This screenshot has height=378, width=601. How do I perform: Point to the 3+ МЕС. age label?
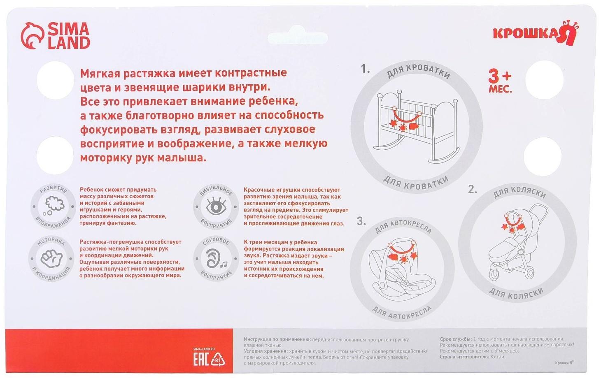[x=500, y=81]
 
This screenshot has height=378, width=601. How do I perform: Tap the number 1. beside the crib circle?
[x=365, y=69]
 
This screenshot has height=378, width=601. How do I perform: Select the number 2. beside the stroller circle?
[x=472, y=190]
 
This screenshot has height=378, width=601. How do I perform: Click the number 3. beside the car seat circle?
[x=361, y=222]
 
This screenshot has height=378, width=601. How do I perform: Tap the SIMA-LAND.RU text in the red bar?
[x=204, y=349]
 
